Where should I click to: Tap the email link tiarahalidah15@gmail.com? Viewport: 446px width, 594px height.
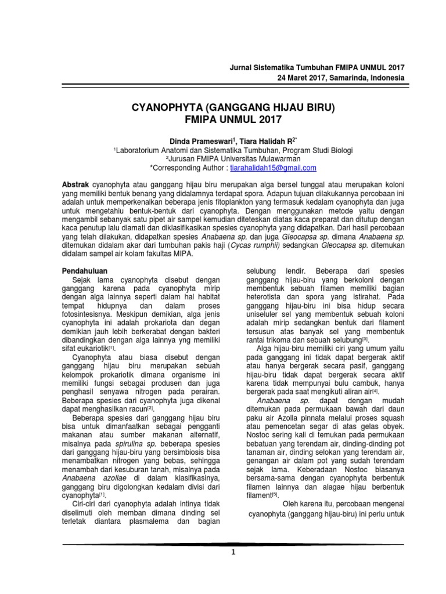coord(279,168)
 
